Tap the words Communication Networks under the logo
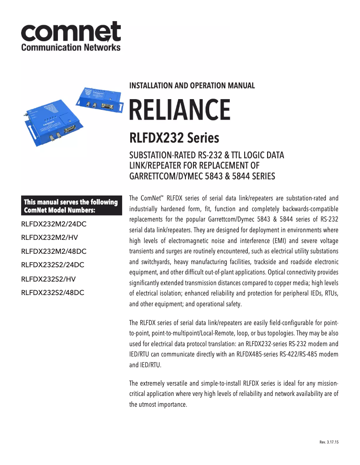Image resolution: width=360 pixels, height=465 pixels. (x=71, y=47)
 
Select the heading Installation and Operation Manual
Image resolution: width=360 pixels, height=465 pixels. (x=192, y=85)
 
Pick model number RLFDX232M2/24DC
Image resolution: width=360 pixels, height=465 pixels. (x=54, y=223)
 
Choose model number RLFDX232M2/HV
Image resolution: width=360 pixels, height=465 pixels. (x=48, y=237)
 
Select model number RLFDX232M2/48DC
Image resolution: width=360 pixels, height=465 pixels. (x=54, y=251)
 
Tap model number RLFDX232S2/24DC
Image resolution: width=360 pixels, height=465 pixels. (x=53, y=265)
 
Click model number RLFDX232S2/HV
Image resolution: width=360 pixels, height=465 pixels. (x=48, y=279)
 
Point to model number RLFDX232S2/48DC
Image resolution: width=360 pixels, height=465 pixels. (x=53, y=293)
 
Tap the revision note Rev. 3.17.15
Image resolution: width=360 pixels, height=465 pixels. (x=329, y=442)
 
